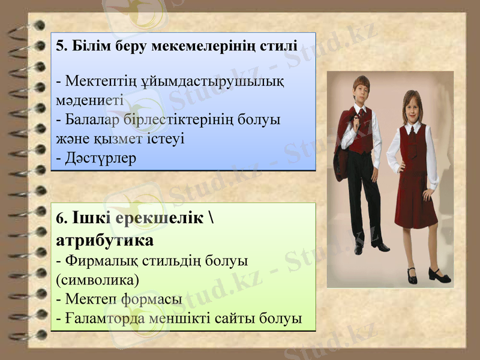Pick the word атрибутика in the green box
coord(104,241)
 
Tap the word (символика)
coord(97,279)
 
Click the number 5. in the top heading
coord(61,46)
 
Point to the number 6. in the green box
coord(61,220)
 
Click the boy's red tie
coord(362,116)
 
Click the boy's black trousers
coord(360,192)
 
